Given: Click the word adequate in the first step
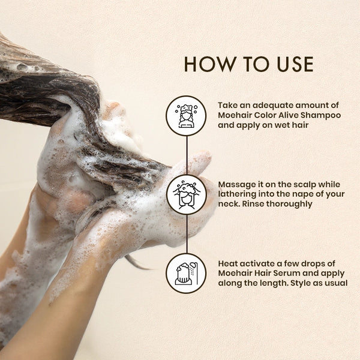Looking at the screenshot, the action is (x=272, y=106).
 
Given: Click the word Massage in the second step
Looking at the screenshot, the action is (x=235, y=185).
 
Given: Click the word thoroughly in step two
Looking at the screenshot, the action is (x=289, y=205).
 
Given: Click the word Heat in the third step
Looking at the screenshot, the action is (x=227, y=263).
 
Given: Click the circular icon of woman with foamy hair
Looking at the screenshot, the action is (x=186, y=116).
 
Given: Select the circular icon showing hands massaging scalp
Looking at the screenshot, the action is (x=187, y=194).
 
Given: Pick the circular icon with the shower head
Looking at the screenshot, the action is (x=186, y=274).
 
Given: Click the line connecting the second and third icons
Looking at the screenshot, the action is (x=187, y=234).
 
